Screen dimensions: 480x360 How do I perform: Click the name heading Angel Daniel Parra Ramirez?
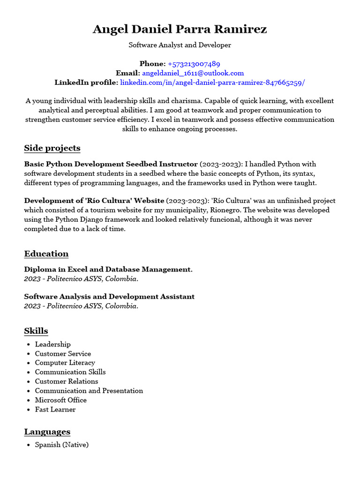click(x=180, y=29)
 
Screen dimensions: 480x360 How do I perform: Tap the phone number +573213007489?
click(x=194, y=64)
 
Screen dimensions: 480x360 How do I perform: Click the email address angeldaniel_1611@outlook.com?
click(x=193, y=73)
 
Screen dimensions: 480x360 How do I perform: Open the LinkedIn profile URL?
click(x=212, y=82)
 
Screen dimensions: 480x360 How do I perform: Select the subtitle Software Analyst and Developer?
click(x=180, y=45)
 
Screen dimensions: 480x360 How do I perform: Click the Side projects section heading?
click(x=52, y=148)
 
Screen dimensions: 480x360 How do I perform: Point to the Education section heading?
click(x=46, y=254)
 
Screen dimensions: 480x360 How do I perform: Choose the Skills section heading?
click(x=36, y=331)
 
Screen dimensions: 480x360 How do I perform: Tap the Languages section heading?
click(x=47, y=432)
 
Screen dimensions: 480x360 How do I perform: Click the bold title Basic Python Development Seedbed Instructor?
click(x=111, y=164)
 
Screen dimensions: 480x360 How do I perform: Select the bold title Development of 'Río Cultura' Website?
click(x=94, y=201)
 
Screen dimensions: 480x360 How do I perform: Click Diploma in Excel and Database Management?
click(x=108, y=270)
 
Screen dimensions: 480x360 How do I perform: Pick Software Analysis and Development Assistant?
click(x=109, y=297)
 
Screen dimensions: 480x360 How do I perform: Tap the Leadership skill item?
click(x=52, y=344)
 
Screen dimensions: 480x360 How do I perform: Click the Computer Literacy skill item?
click(x=65, y=363)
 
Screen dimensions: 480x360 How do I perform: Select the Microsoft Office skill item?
click(x=60, y=400)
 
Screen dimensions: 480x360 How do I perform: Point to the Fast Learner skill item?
click(x=55, y=409)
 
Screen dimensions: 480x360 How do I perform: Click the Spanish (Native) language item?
click(x=61, y=444)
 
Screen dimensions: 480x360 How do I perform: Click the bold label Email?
click(x=127, y=73)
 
